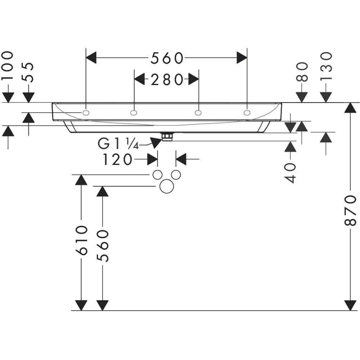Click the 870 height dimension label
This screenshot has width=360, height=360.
pos(350,210)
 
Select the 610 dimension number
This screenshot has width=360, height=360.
pos(81,240)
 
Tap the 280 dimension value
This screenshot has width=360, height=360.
pos(167,80)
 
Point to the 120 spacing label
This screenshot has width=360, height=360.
pos(117,159)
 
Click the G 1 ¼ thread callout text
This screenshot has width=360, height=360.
pos(118,144)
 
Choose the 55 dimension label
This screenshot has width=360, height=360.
pos(28,72)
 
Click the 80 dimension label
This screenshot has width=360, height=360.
pos(302,72)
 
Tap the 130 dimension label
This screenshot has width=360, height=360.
pos(326,66)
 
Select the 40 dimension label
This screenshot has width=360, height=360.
pos(290,173)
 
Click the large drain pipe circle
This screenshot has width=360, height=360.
pos(166,186)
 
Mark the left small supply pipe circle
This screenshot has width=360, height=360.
pos(158,175)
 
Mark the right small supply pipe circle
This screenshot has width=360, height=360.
pos(176,175)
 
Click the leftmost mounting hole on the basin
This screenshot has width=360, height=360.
pos(86,113)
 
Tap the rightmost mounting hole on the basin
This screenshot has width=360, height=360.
pos(247,113)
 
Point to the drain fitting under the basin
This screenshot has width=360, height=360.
pos(167,136)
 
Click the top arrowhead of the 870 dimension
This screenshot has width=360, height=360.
pos(350,108)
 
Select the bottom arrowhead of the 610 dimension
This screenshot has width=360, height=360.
pos(81,305)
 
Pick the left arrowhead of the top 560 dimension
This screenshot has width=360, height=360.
pos(91,58)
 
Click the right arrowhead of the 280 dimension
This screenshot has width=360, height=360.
pos(194,80)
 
